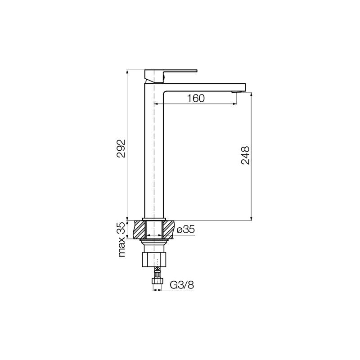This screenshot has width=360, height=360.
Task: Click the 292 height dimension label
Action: click(x=121, y=148)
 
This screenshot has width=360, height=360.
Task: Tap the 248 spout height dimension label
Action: click(x=245, y=155)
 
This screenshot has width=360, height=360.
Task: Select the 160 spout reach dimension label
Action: click(x=196, y=98)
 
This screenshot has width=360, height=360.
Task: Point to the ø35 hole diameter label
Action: click(x=186, y=229)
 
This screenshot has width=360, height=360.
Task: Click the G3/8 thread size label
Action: click(x=182, y=285)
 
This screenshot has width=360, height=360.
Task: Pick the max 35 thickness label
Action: click(x=122, y=239)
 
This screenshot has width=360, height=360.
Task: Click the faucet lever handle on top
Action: click(x=171, y=76)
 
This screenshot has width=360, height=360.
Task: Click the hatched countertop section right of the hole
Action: click(x=168, y=229)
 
